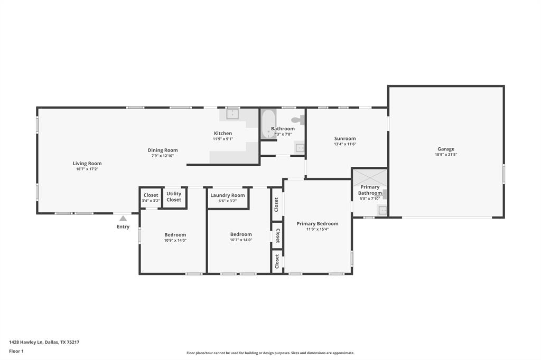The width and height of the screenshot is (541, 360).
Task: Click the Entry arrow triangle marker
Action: click(x=123, y=218)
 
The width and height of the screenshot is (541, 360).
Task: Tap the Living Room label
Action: click(x=87, y=164)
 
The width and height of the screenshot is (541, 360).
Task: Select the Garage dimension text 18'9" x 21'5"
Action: click(x=445, y=155)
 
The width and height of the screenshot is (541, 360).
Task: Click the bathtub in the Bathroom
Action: click(x=268, y=125)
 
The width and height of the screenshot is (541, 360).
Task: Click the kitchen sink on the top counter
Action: click(x=232, y=113)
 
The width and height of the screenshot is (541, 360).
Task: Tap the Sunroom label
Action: click(x=345, y=139)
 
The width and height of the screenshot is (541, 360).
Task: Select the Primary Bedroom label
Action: click(x=317, y=224)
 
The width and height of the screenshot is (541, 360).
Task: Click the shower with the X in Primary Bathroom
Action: click(x=370, y=177)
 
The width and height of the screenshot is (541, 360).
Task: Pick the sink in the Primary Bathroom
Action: click(x=383, y=211)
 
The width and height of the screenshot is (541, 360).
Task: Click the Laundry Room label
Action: click(x=228, y=195)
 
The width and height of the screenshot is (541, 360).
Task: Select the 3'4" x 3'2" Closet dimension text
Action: click(x=151, y=201)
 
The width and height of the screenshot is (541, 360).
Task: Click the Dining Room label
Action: click(x=163, y=150)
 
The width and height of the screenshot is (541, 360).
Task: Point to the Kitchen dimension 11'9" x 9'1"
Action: click(x=222, y=139)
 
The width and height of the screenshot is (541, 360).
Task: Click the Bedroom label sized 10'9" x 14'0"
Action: click(x=175, y=235)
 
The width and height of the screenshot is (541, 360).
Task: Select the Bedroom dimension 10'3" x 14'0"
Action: click(x=241, y=240)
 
